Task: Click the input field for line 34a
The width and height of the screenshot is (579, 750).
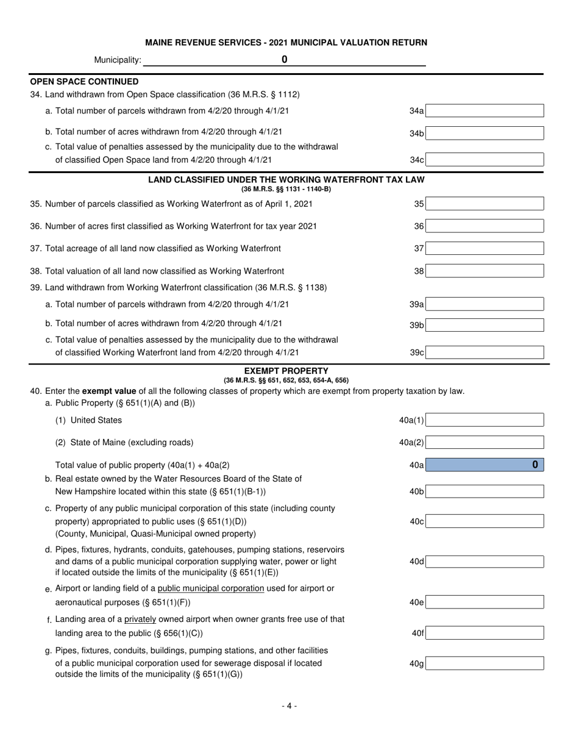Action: [485, 111]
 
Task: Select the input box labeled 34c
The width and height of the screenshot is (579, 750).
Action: [485, 160]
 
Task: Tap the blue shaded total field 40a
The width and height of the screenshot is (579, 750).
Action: [485, 465]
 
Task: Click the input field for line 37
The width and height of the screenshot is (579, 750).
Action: [485, 249]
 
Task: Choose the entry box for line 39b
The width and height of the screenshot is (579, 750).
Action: [485, 326]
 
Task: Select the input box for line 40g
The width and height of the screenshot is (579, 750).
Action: [485, 663]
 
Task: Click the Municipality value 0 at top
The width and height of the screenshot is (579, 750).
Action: [284, 60]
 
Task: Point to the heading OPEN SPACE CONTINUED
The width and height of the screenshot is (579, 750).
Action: [84, 81]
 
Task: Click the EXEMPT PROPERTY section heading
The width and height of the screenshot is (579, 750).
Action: [286, 371]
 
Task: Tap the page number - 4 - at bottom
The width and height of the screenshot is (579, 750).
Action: [289, 706]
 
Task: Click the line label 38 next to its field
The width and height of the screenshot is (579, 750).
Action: [419, 271]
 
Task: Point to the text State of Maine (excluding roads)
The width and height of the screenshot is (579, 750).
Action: [132, 443]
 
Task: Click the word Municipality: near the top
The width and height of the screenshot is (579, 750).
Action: [118, 60]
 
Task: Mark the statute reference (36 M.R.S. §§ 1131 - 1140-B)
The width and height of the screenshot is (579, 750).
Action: [286, 189]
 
